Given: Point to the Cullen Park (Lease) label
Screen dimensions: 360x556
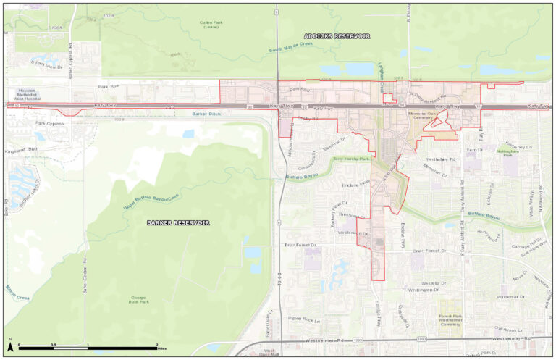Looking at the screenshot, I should coord(212,25).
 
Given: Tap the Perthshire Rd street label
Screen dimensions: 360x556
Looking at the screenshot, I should coord(442,159).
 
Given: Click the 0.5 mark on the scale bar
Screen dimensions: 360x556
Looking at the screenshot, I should coord(54,344).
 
